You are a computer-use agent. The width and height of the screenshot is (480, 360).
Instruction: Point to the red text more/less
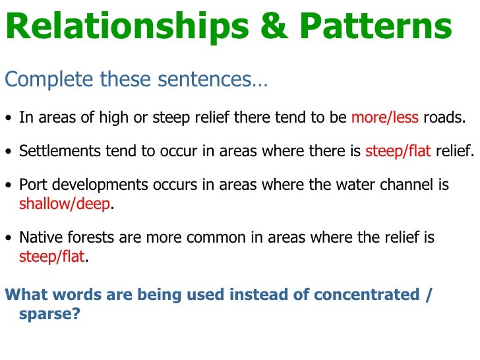(384, 118)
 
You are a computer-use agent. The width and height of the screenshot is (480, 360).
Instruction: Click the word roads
(444, 118)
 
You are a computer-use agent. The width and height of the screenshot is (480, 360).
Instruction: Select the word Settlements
(56, 151)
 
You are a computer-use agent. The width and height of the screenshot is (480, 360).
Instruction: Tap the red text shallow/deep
(64, 204)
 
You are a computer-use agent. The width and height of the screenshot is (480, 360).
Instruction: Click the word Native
(38, 237)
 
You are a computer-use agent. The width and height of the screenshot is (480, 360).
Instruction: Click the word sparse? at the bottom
(49, 314)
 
